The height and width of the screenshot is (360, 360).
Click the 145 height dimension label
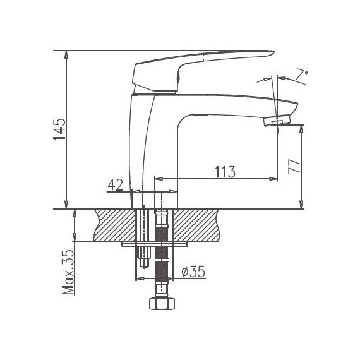(x=59, y=129)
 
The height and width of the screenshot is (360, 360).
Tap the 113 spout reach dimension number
(x=225, y=172)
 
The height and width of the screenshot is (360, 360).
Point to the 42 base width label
(x=116, y=185)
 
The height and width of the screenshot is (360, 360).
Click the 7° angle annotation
(x=301, y=75)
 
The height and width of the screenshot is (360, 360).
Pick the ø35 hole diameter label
(x=193, y=272)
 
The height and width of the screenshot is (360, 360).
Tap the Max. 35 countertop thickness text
(x=68, y=272)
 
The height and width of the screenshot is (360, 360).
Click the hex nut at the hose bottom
(x=162, y=303)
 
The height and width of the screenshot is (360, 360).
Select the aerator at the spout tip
(x=277, y=120)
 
